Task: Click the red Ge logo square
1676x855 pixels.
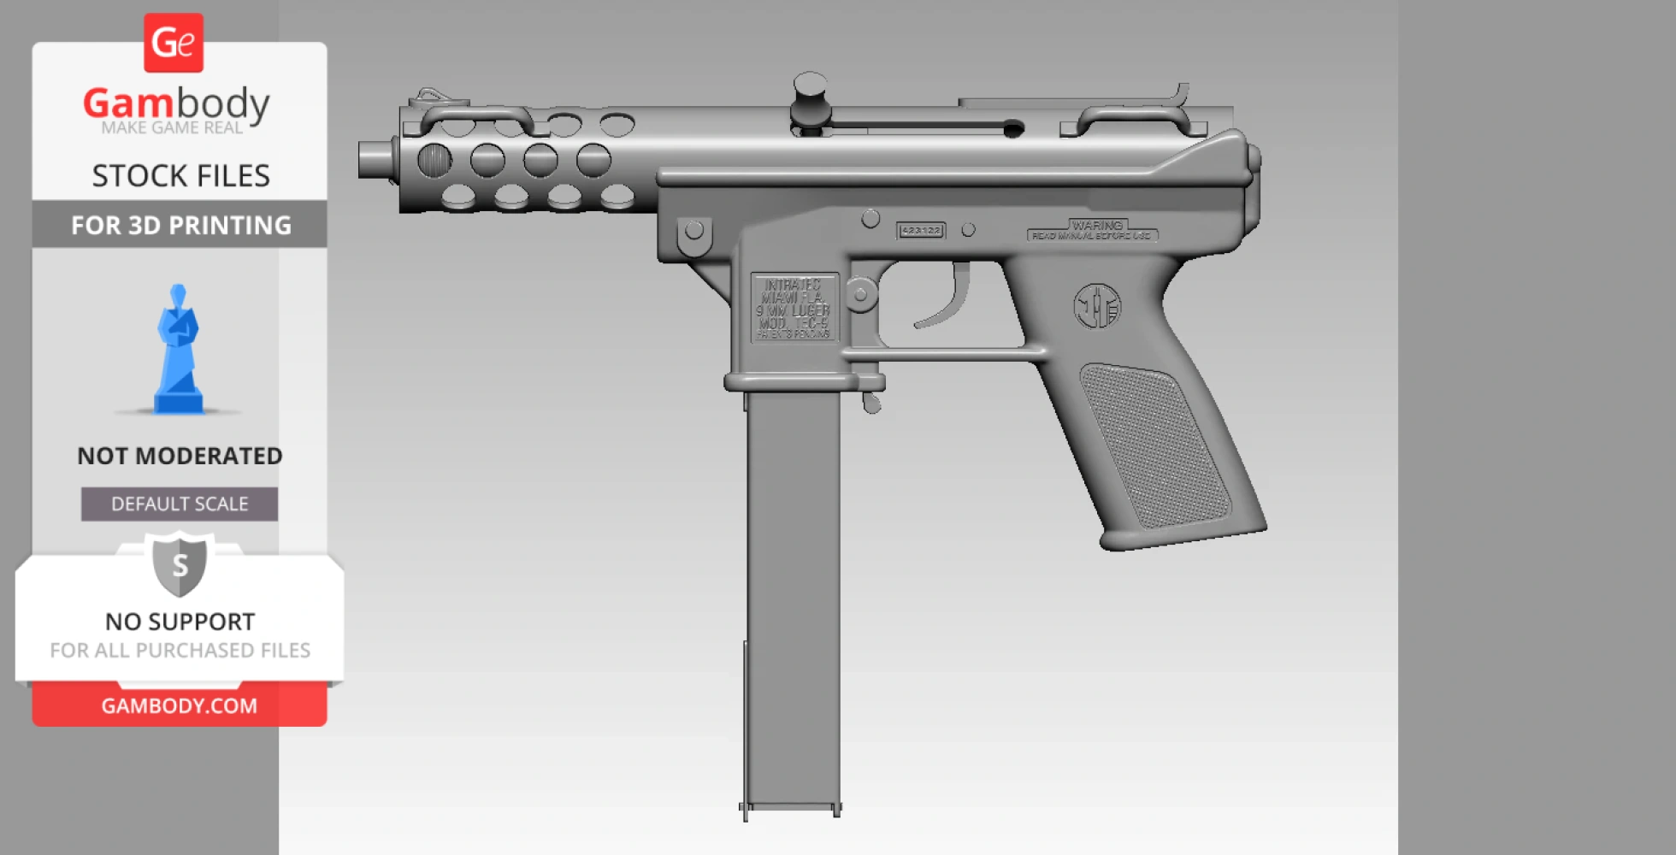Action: pyautogui.click(x=174, y=43)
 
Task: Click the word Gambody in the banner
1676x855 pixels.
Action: pyautogui.click(x=176, y=104)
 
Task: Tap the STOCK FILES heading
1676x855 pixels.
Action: pyautogui.click(x=180, y=175)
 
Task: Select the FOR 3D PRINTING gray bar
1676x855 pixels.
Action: pyautogui.click(x=180, y=225)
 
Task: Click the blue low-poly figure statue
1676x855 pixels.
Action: pyautogui.click(x=178, y=351)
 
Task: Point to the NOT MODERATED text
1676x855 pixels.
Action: pyautogui.click(x=180, y=456)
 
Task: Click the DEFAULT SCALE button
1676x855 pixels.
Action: pyautogui.click(x=180, y=504)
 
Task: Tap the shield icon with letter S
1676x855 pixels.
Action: pyautogui.click(x=180, y=564)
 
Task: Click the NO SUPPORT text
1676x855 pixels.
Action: pyautogui.click(x=180, y=622)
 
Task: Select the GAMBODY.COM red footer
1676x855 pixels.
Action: pyautogui.click(x=180, y=705)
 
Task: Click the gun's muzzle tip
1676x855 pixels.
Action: pyautogui.click(x=373, y=160)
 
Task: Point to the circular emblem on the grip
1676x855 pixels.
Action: pyautogui.click(x=1097, y=306)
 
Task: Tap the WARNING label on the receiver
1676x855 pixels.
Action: pyautogui.click(x=1093, y=230)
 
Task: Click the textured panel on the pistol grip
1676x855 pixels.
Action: pyautogui.click(x=1154, y=445)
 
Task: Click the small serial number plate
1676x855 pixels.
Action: pyautogui.click(x=920, y=231)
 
